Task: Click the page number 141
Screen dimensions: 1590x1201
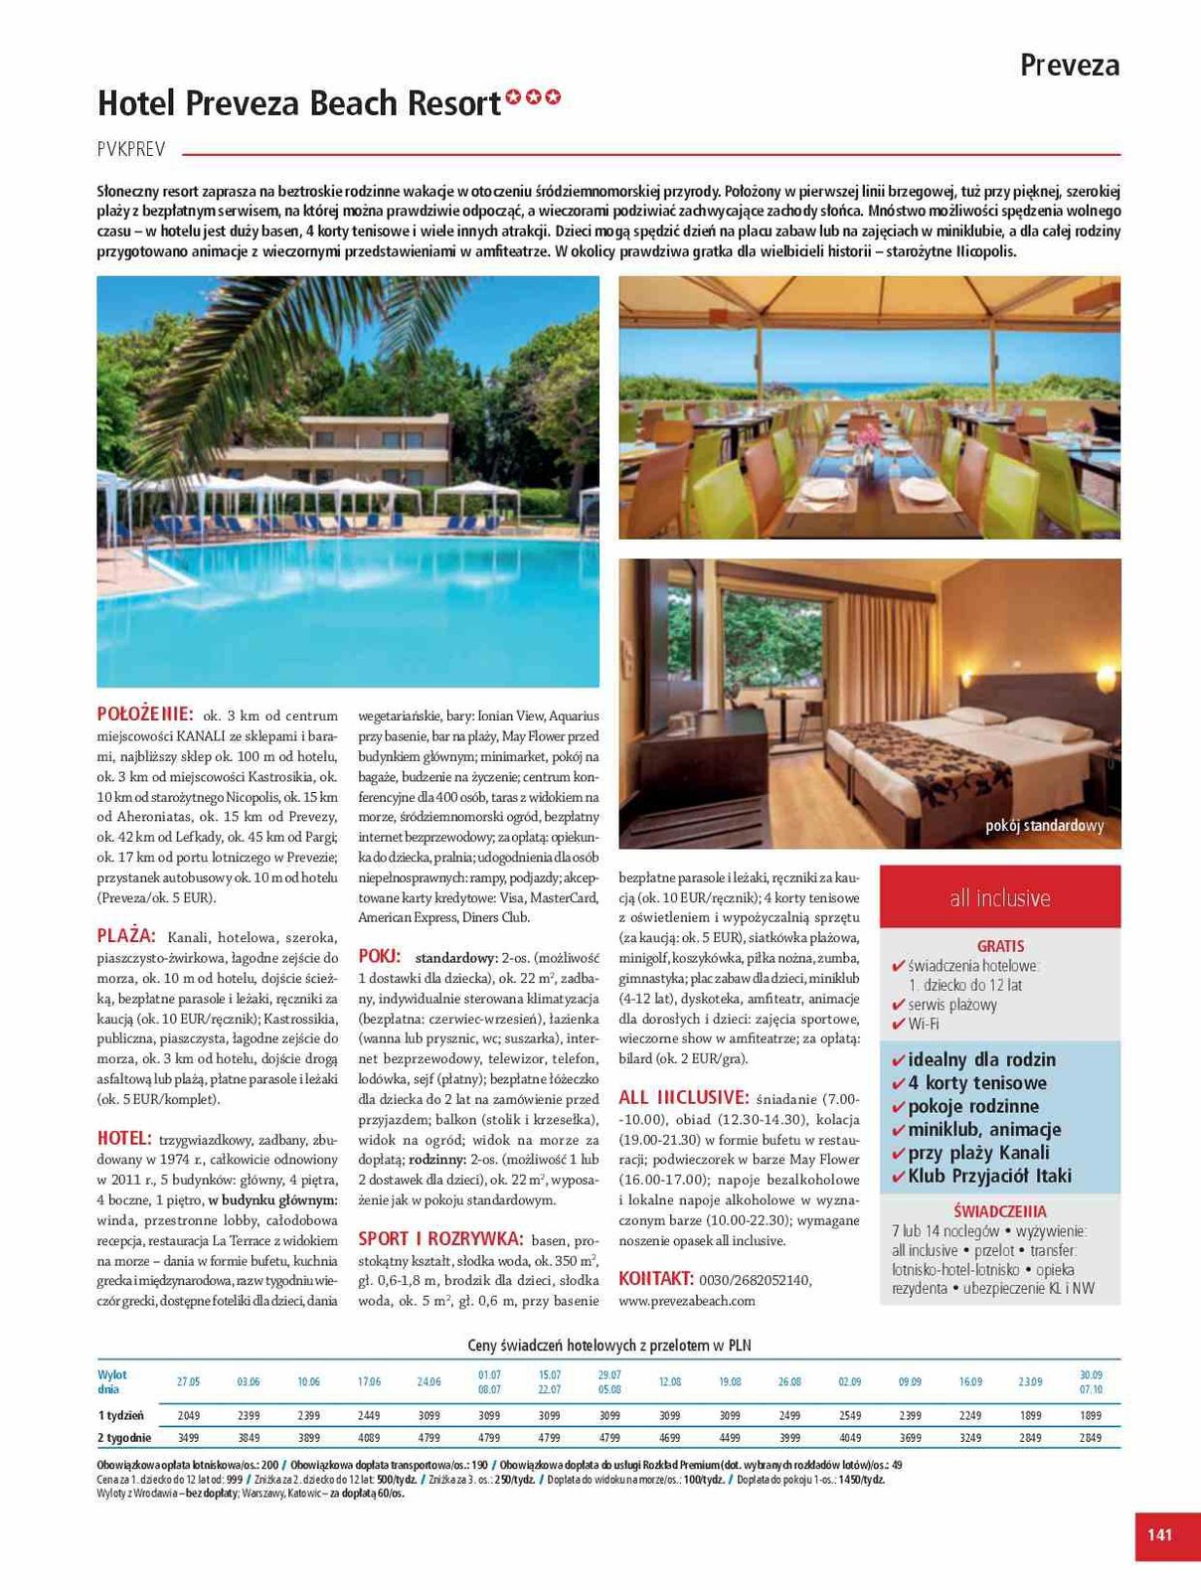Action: click(1159, 1534)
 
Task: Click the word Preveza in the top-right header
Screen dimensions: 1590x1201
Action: click(1070, 66)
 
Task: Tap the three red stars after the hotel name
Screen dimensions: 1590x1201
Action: click(534, 97)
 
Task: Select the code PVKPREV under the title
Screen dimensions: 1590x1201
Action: click(131, 150)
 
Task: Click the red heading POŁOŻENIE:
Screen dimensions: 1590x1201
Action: click(145, 714)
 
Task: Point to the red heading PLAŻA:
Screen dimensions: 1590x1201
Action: click(127, 935)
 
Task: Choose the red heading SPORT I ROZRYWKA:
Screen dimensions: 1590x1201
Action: click(440, 1239)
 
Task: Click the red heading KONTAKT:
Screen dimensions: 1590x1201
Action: click(655, 1278)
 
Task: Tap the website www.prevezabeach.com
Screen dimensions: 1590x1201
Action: click(687, 1300)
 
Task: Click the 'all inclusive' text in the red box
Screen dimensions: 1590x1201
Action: click(999, 898)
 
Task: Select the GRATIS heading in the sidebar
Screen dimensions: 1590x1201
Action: click(1000, 946)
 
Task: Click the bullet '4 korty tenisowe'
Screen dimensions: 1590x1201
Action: click(977, 1083)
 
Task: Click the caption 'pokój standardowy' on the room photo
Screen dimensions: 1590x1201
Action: click(1044, 826)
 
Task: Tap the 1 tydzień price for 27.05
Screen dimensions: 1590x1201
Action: click(189, 1415)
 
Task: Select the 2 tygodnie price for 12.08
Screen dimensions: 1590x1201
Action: click(669, 1437)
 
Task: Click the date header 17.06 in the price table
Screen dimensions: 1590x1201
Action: click(369, 1381)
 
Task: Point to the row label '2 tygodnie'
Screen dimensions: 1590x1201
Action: click(124, 1437)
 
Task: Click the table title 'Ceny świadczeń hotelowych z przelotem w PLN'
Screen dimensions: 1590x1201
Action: click(609, 1346)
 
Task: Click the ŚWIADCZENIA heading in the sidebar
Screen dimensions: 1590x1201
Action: click(999, 1211)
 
